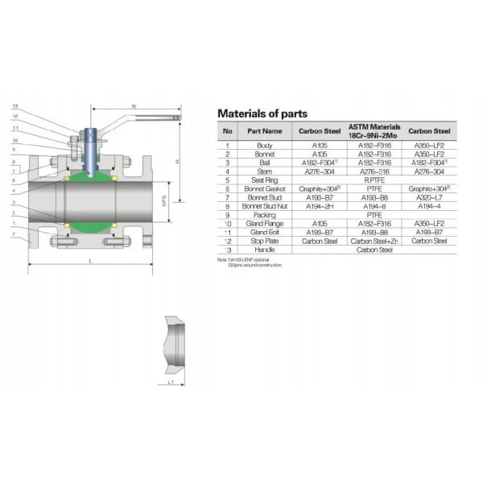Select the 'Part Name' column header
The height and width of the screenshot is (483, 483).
coord(265,130)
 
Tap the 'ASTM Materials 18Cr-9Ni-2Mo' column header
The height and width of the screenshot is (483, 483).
coord(374,130)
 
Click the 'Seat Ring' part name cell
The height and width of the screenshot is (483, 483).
coord(265,180)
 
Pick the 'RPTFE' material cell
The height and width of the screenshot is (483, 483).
coord(374,180)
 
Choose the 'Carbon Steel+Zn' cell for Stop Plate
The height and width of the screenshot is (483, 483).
coord(374,241)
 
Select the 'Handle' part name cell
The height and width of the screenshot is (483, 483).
coord(265,250)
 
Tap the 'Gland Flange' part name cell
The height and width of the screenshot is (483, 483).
coord(265,224)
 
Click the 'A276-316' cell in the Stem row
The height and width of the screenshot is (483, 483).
coord(374,171)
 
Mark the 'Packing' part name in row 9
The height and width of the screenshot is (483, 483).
coord(265,215)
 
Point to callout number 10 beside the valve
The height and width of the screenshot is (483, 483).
coord(15,141)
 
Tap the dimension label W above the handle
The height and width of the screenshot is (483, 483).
coord(134,105)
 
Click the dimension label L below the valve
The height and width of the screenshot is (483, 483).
coord(90,262)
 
